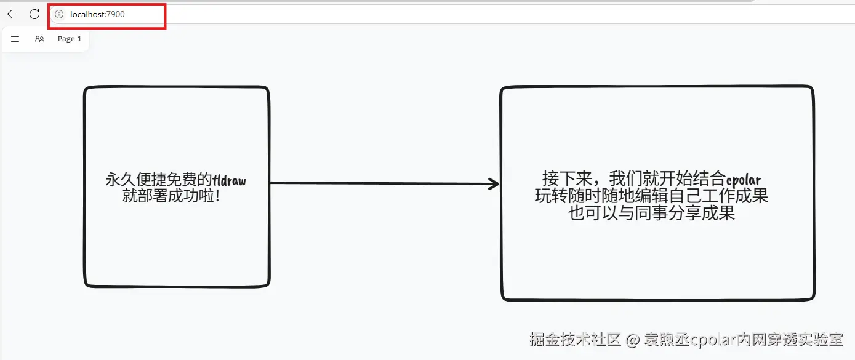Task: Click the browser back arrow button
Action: [12, 14]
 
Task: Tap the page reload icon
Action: [34, 14]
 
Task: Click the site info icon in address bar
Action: [59, 14]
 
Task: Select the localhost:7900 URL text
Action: [97, 14]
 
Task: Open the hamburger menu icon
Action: [15, 39]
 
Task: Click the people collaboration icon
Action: [39, 39]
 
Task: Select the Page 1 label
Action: [70, 39]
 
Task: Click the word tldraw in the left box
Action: [229, 180]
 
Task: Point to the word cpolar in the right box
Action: [743, 180]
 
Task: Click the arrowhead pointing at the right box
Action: [494, 183]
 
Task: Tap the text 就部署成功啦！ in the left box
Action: [171, 196]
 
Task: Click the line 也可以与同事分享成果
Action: [651, 213]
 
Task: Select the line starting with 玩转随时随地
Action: [651, 196]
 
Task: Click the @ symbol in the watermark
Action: [632, 340]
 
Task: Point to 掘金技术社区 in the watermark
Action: [575, 339]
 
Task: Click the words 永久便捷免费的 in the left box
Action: [159, 180]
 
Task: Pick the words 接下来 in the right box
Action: [568, 178]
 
